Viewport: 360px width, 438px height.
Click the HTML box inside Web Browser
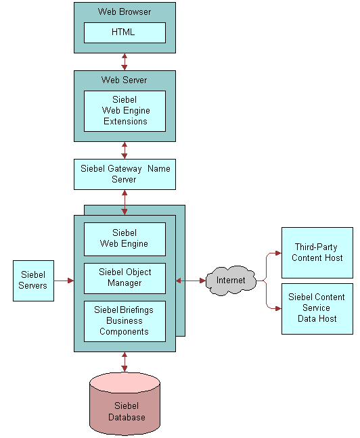(125, 32)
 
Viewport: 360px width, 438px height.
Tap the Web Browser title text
(125, 11)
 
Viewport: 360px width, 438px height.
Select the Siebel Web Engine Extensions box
(125, 111)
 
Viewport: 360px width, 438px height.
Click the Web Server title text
(125, 80)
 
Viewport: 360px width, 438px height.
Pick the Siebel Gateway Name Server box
(125, 174)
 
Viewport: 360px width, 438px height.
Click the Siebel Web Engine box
(125, 239)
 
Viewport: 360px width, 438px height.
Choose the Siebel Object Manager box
(125, 278)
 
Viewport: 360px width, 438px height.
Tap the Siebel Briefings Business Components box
(125, 321)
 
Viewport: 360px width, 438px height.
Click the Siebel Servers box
(33, 281)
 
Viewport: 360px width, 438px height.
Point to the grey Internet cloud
(231, 281)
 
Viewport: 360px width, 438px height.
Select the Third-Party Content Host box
(317, 253)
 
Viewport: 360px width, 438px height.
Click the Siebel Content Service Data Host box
(317, 309)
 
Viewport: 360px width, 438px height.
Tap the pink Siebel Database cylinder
(125, 404)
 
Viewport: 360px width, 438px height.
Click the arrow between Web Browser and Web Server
(125, 62)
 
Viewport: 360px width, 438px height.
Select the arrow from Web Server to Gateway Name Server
(125, 150)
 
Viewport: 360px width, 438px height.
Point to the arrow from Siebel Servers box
(64, 281)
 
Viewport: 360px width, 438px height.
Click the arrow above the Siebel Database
(125, 362)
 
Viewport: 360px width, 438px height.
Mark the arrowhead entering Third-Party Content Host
(278, 253)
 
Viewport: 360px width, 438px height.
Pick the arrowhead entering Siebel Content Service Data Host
(278, 308)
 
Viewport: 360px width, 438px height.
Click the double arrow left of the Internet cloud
(191, 281)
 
